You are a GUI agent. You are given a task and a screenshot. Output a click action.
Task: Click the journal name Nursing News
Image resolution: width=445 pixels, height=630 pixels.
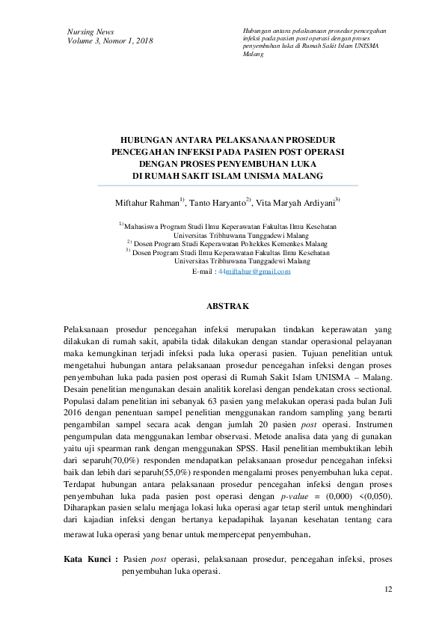pos(90,32)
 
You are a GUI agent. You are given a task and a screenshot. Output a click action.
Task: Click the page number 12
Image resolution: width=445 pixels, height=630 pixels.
pos(388,590)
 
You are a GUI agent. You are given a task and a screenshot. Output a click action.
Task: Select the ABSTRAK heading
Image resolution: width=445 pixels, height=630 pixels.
pos(222,306)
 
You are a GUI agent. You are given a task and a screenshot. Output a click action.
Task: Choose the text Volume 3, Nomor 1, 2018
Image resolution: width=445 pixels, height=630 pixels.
pos(110,41)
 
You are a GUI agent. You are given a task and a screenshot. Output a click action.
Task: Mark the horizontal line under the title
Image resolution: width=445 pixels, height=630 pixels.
pos(223,186)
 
